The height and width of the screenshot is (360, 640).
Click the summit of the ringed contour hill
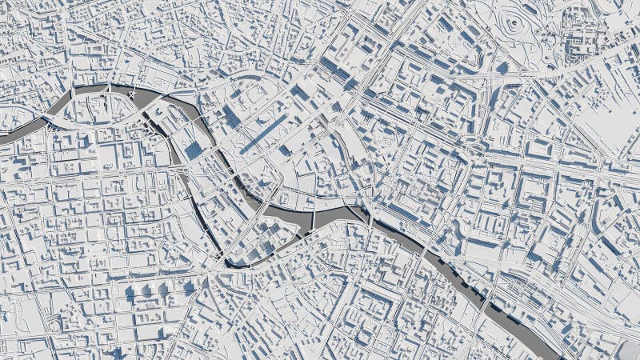click(x=512, y=24)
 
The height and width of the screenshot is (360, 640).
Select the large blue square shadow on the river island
click(x=194, y=150)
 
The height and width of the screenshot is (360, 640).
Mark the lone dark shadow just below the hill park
click(x=504, y=69)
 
